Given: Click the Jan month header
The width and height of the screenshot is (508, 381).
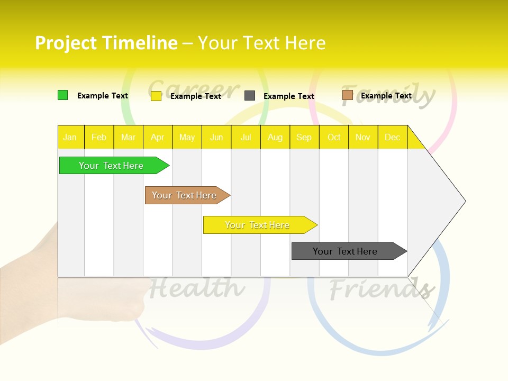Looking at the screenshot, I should click(x=70, y=137).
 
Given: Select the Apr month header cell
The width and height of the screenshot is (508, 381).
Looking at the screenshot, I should click(x=158, y=137).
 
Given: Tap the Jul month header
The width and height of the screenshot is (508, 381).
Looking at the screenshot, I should click(x=246, y=137).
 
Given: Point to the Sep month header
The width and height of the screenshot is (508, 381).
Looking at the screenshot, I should click(x=304, y=137).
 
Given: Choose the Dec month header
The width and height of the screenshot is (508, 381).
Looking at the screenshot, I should click(x=392, y=137).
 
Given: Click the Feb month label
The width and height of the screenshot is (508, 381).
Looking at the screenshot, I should click(x=99, y=137).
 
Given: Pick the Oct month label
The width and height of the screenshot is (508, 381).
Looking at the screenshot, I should click(x=334, y=137).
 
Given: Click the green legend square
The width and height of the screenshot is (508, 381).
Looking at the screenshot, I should click(x=63, y=95).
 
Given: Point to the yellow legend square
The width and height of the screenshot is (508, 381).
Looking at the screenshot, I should click(x=156, y=96).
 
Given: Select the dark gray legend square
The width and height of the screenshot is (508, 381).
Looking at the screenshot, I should click(x=250, y=96).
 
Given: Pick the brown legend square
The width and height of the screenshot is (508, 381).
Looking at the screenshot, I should click(x=347, y=95).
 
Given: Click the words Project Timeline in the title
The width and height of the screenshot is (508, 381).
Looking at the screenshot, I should click(x=106, y=43).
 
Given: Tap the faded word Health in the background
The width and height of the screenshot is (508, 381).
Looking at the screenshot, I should click(x=197, y=288).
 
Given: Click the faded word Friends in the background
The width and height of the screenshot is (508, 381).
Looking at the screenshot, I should click(x=381, y=289).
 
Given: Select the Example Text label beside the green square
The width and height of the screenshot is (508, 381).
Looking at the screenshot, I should click(x=103, y=96).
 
